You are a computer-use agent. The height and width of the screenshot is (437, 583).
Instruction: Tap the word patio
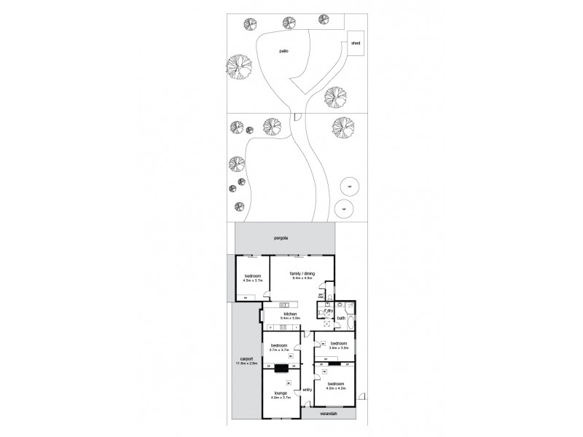pos(283,52)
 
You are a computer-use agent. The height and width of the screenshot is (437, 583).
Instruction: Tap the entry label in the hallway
pos(307,389)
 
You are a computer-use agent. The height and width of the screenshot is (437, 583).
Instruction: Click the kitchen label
pos(291,315)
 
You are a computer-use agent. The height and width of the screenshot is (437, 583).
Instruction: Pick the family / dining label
pos(302,274)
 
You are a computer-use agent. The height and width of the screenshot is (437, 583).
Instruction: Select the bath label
pos(341,318)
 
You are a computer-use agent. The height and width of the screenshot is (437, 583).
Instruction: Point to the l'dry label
pos(329,310)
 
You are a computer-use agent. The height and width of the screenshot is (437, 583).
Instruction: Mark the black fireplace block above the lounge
pos(281,367)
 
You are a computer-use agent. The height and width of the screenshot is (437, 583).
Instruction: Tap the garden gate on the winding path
pos(298,117)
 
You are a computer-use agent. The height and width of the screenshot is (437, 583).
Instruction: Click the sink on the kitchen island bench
pos(292,304)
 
